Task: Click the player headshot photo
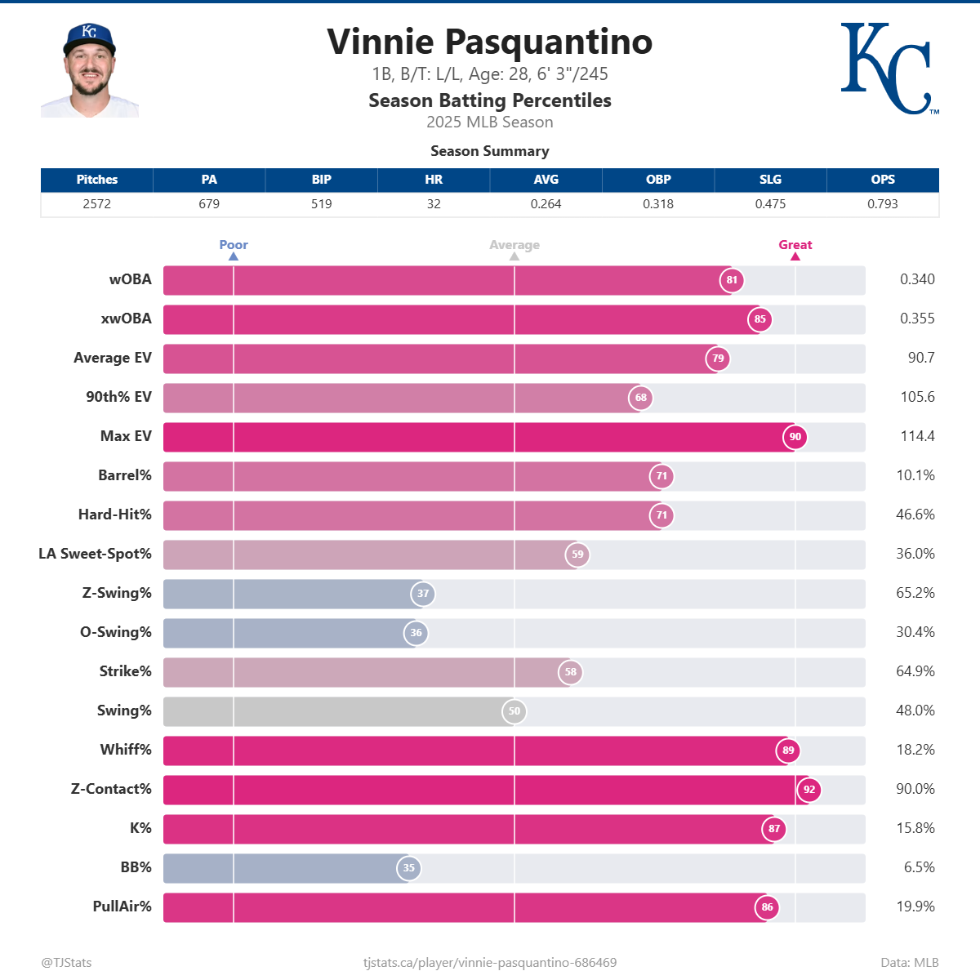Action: click(x=90, y=70)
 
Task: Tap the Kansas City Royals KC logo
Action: click(x=888, y=69)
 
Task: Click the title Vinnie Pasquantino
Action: click(x=489, y=42)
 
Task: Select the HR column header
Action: click(x=434, y=180)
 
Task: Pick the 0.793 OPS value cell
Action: click(x=882, y=204)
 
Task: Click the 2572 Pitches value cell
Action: click(x=96, y=204)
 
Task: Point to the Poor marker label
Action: click(x=234, y=245)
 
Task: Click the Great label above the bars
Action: click(x=795, y=245)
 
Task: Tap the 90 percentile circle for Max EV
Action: click(x=795, y=437)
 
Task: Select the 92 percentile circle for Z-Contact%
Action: click(x=809, y=790)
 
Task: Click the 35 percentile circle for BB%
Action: click(x=409, y=868)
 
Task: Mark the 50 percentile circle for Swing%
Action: click(x=514, y=711)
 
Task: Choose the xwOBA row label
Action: click(x=126, y=318)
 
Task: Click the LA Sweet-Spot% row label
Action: click(x=95, y=554)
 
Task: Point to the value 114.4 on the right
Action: click(x=917, y=436)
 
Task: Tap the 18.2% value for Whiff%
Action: click(x=915, y=750)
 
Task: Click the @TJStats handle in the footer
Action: click(x=66, y=963)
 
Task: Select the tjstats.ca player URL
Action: click(x=490, y=963)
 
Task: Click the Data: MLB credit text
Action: click(x=909, y=963)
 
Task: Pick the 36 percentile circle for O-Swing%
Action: click(x=416, y=633)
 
